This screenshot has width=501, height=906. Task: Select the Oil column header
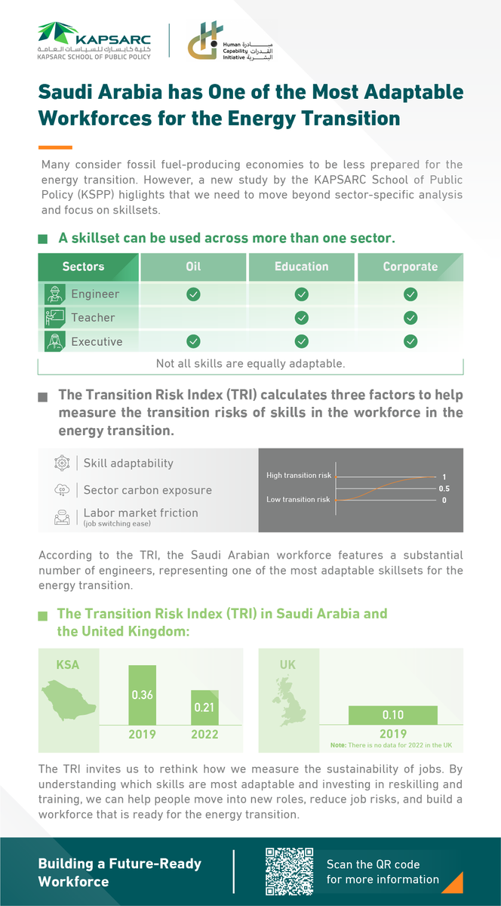click(x=193, y=267)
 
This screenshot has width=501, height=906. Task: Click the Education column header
click(x=302, y=267)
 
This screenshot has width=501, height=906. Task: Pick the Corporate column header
click(x=410, y=267)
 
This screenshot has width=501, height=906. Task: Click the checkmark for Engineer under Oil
click(x=193, y=294)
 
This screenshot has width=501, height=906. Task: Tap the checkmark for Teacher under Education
click(x=302, y=318)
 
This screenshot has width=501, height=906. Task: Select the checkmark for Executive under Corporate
click(x=410, y=341)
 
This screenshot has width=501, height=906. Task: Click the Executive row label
click(x=97, y=341)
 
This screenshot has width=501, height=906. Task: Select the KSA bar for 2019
click(x=143, y=695)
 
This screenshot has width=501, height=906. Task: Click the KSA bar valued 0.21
click(x=204, y=707)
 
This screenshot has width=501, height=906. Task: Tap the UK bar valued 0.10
click(x=392, y=715)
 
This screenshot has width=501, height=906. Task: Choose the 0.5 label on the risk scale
click(x=445, y=488)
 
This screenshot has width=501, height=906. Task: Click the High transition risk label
click(x=299, y=476)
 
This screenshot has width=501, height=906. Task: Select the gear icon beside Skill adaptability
click(x=61, y=463)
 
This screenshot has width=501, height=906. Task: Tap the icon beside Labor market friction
click(x=61, y=517)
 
